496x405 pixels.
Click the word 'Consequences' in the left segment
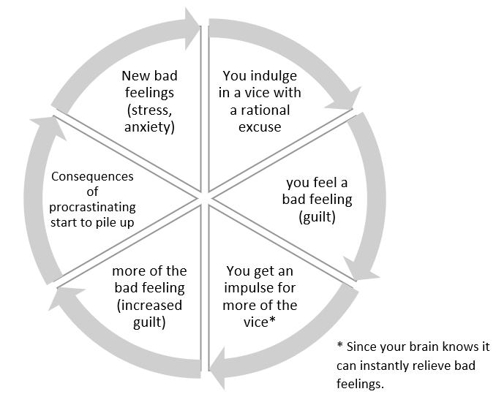[92, 176]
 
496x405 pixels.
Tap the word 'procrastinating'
[92, 208]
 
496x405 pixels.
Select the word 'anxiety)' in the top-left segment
[149, 127]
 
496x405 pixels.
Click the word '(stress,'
[149, 110]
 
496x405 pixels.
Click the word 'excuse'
[260, 127]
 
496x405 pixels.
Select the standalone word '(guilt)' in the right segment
[317, 217]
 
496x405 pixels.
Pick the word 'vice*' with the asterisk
[260, 322]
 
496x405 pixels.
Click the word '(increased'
[149, 306]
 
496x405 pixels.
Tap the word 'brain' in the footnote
[424, 347]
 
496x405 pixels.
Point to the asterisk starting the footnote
[339, 344]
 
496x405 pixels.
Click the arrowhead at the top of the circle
[192, 29]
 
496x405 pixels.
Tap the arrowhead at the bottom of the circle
[218, 368]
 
